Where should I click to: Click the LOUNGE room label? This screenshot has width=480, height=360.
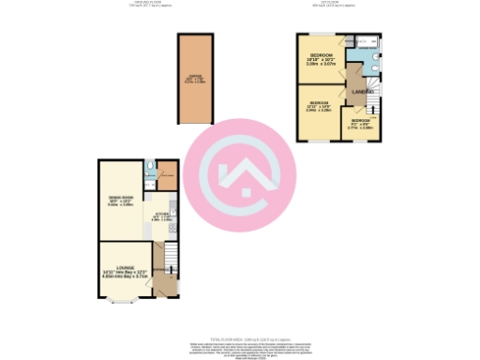pyautogui.click(x=127, y=269)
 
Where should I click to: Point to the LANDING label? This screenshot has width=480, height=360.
pyautogui.click(x=361, y=93)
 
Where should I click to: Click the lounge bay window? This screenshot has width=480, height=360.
pyautogui.click(x=119, y=301)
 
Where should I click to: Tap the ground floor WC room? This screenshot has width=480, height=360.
pyautogui.click(x=151, y=170)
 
